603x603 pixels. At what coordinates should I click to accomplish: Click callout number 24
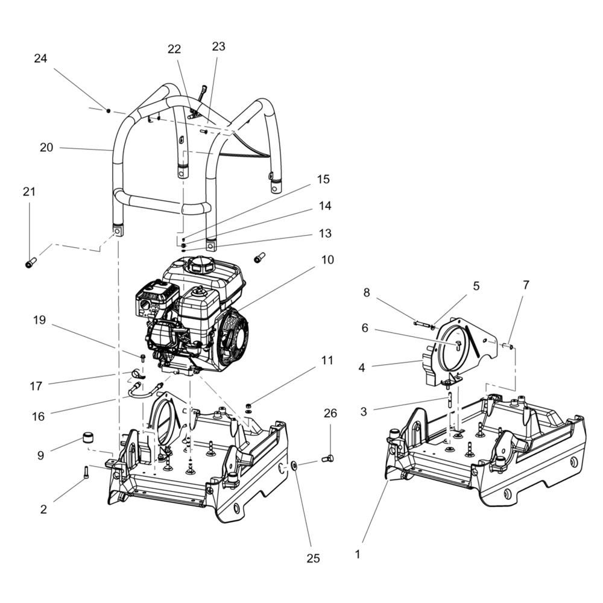coord(40,58)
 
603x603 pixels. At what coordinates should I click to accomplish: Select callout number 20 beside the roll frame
coord(46,148)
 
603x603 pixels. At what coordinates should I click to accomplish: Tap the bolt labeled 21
coord(30,263)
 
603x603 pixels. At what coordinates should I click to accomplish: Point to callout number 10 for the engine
coord(327,260)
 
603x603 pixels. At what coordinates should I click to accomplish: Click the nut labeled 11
coord(247,405)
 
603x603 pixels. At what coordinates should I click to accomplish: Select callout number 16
coord(39,417)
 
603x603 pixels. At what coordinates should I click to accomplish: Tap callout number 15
coord(324,180)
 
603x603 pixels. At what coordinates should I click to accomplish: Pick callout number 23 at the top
coord(218,47)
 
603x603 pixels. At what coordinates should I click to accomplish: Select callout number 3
coord(364,412)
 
